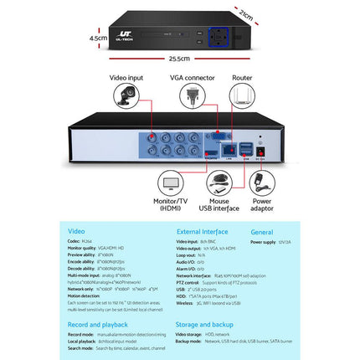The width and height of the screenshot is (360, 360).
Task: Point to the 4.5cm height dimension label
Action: (100, 38)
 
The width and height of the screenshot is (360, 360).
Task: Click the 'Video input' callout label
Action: (126, 78)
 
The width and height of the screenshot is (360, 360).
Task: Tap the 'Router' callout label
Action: (244, 78)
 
